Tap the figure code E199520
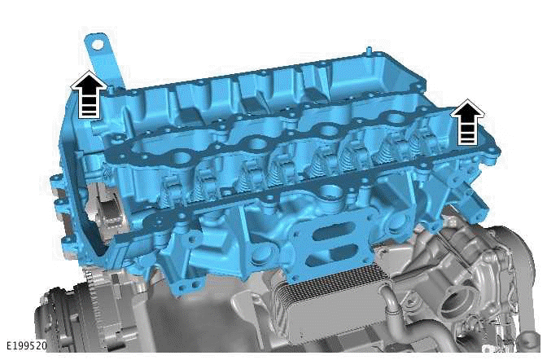point(24,345)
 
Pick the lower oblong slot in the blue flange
point(325,252)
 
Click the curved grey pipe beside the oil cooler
point(395,306)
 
